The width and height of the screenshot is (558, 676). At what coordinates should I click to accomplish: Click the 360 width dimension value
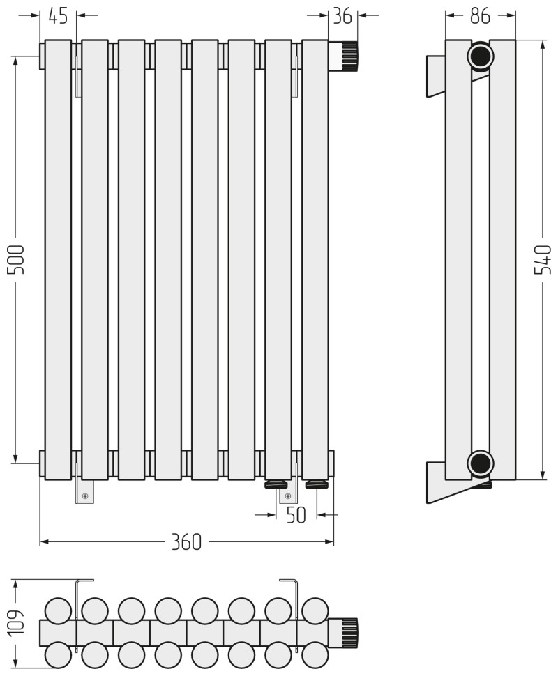click(x=186, y=541)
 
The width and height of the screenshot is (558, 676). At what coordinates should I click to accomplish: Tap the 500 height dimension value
click(x=16, y=259)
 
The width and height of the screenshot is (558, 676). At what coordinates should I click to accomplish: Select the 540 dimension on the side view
click(x=543, y=259)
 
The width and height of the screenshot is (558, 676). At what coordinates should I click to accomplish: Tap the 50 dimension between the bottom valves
click(x=296, y=515)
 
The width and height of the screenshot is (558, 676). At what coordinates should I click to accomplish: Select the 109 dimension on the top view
click(x=16, y=622)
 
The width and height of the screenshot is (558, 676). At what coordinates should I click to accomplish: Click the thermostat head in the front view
click(x=343, y=56)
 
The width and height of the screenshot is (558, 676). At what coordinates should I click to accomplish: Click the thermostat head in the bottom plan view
click(x=343, y=633)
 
